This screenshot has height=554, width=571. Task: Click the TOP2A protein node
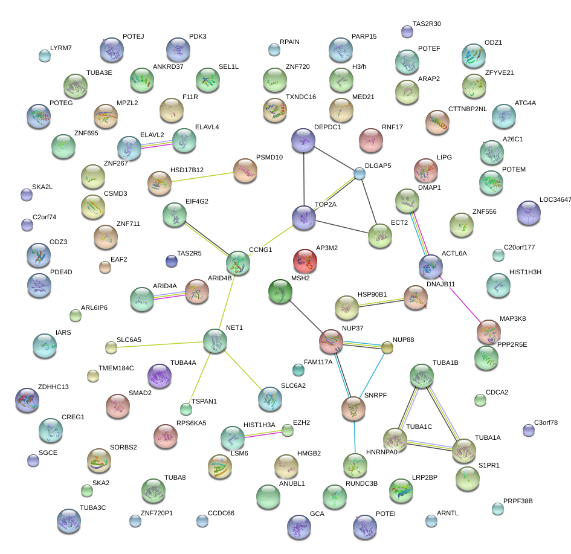click(x=303, y=218)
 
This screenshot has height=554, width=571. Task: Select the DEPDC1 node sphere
click(x=303, y=141)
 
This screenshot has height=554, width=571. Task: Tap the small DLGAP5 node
click(x=360, y=174)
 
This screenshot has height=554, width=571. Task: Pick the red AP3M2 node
click(x=305, y=260)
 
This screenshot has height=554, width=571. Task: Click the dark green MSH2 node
click(x=280, y=291)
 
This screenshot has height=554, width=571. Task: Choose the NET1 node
click(x=215, y=341)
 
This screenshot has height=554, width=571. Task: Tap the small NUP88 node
click(x=387, y=347)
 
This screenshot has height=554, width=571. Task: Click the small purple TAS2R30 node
click(x=407, y=31)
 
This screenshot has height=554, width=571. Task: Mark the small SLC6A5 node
click(x=111, y=347)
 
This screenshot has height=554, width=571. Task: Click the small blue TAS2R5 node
click(x=172, y=261)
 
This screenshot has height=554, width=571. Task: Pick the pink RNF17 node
click(x=371, y=141)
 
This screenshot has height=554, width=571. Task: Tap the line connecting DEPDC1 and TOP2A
click(x=303, y=179)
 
